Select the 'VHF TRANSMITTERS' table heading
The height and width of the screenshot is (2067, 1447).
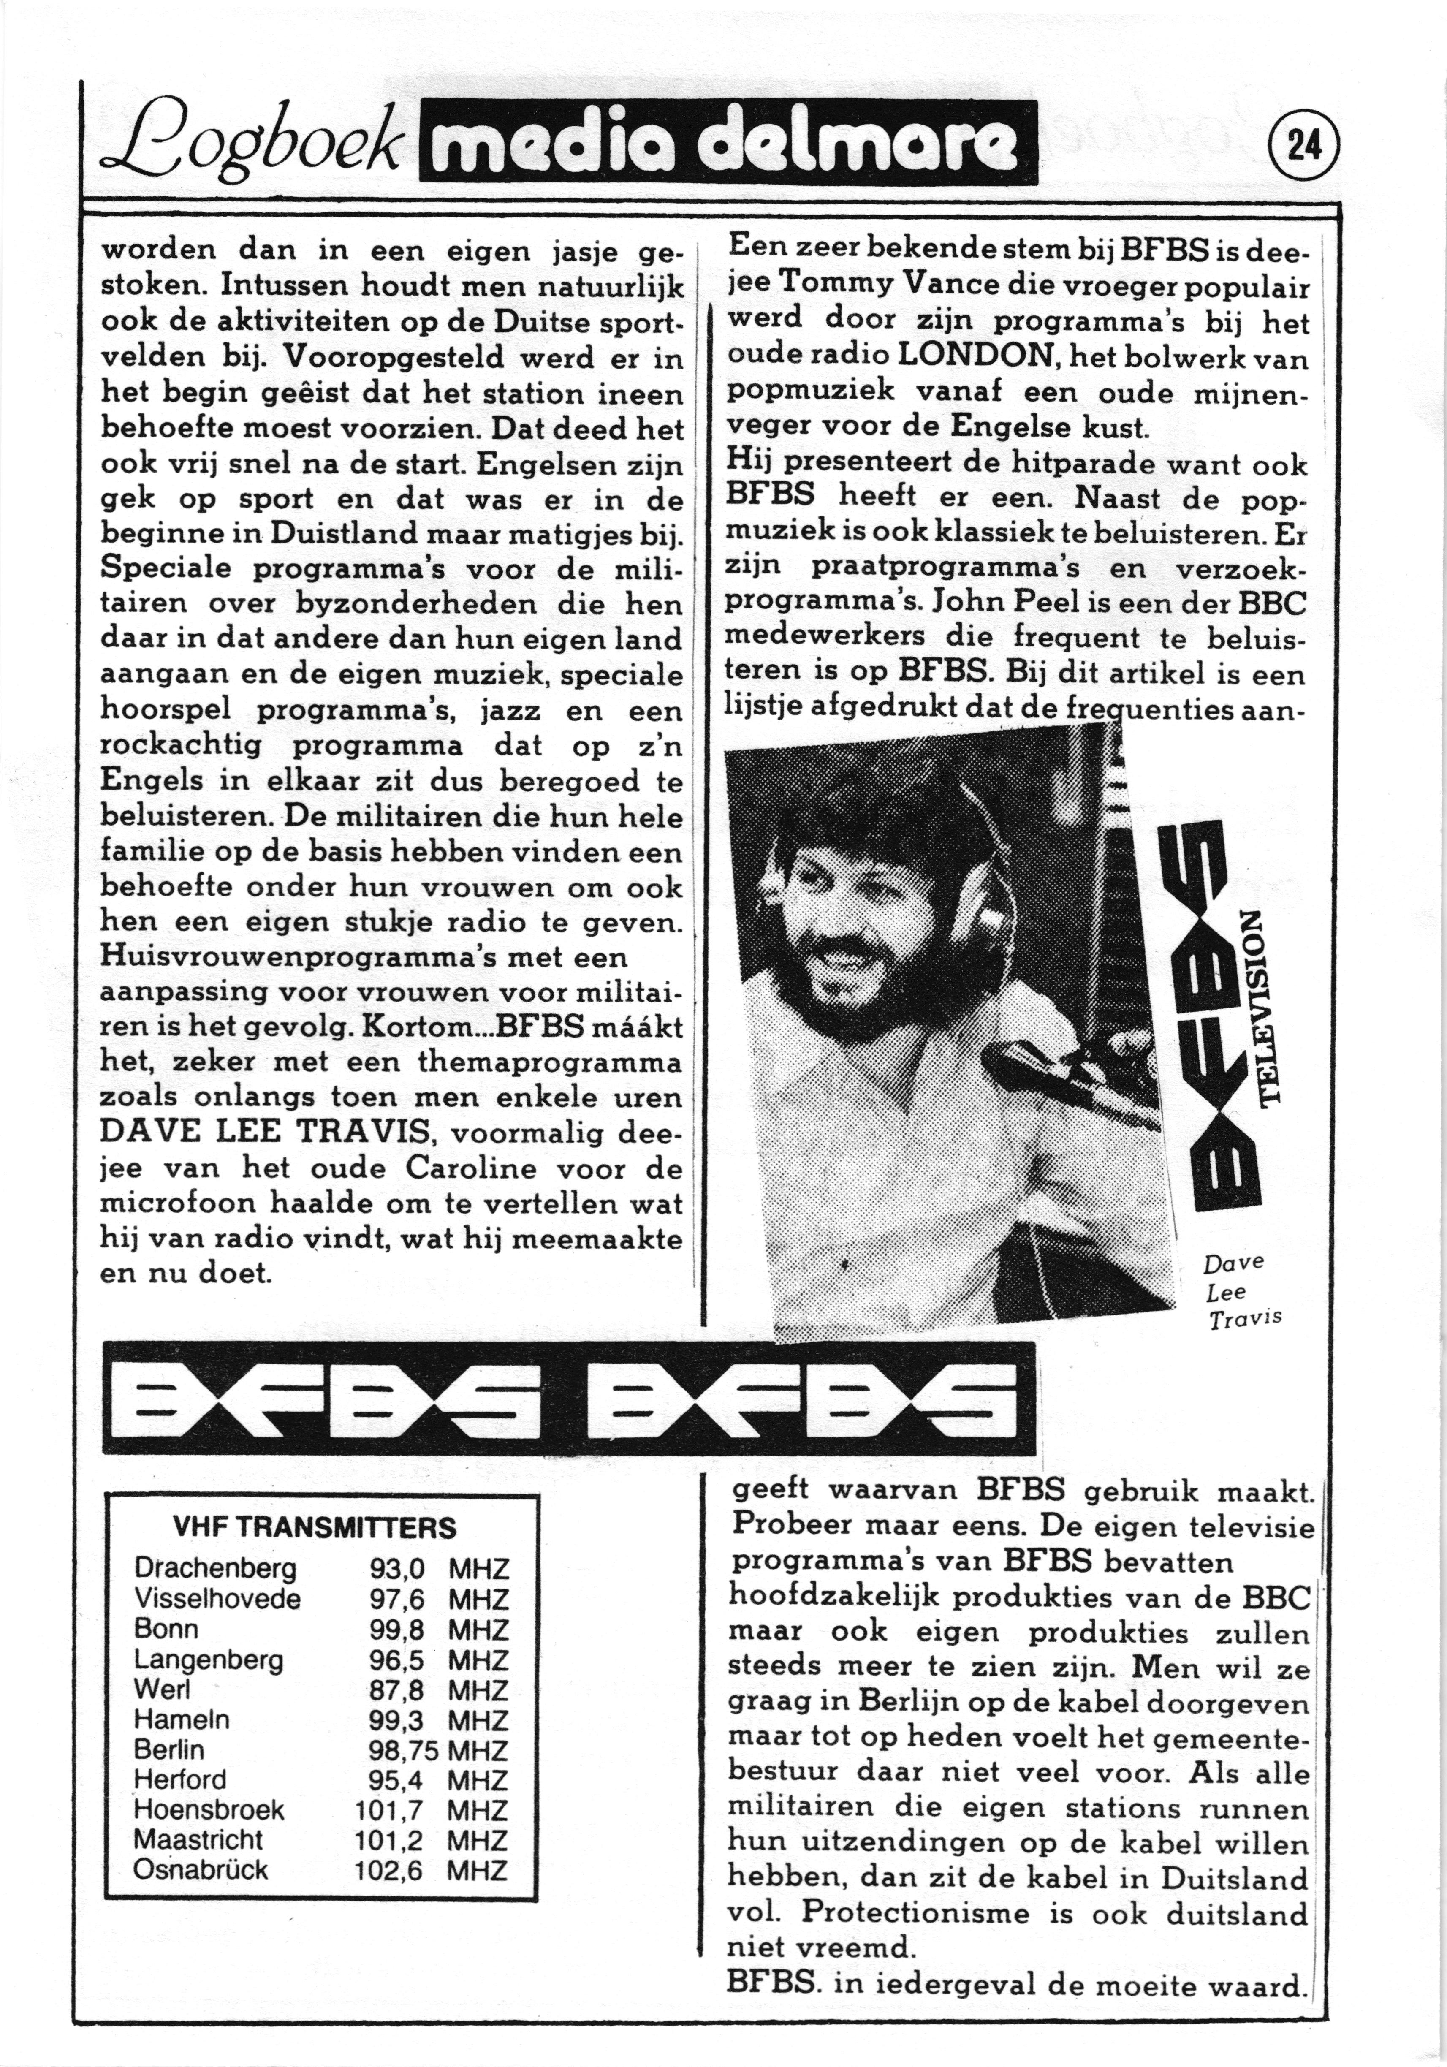(x=314, y=1527)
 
